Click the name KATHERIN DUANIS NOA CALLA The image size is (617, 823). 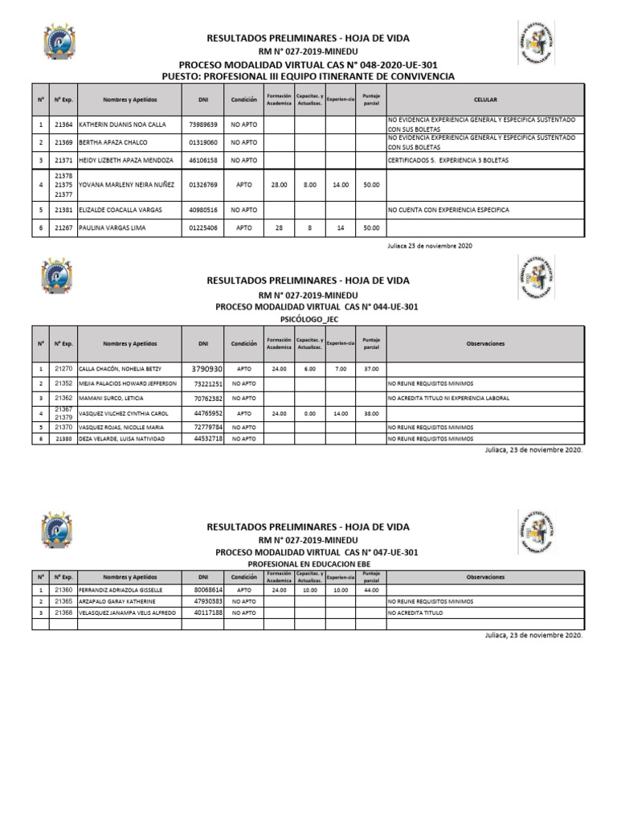tap(114, 125)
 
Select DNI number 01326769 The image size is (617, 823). tap(202, 184)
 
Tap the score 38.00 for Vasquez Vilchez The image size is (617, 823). tap(371, 413)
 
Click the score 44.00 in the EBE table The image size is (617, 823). tap(371, 589)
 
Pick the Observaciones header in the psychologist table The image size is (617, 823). tap(485, 343)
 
